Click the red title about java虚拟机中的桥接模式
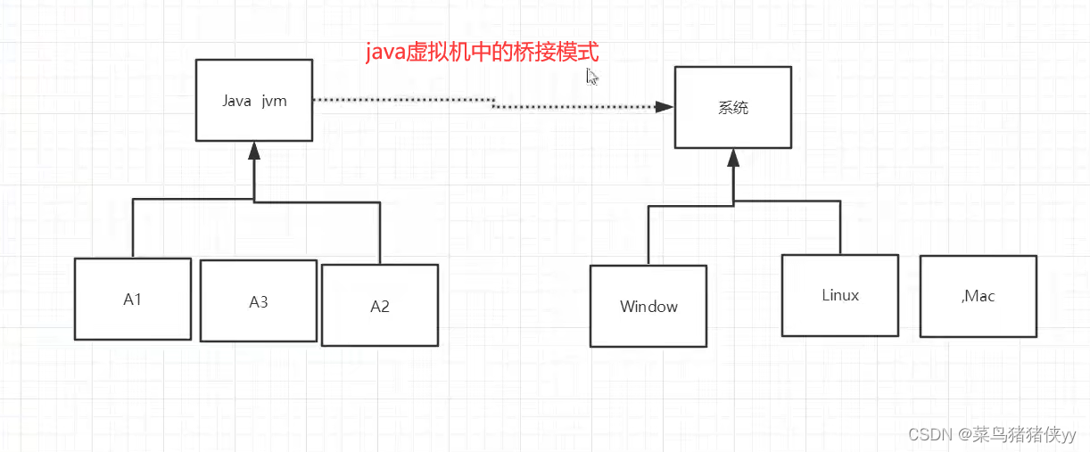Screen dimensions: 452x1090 pos(483,53)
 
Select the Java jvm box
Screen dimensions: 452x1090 pos(254,100)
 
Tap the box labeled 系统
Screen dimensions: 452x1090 pos(732,107)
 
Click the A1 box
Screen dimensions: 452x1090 pos(132,299)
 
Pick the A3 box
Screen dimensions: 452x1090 pos(258,301)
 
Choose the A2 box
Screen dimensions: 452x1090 pos(379,305)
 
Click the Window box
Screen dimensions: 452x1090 pos(648,306)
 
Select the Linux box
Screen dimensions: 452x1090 pos(839,295)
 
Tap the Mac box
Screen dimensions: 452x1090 pos(978,296)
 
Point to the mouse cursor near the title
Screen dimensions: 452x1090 pos(591,77)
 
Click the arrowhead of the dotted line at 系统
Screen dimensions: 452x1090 pos(665,107)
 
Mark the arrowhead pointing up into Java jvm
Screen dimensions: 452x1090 pos(254,149)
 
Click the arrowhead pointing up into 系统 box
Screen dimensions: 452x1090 pos(732,158)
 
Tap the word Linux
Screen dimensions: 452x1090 pos(839,295)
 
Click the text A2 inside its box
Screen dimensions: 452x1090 pos(379,307)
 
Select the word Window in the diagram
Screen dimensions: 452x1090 pos(648,307)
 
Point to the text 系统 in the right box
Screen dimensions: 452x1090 pos(732,108)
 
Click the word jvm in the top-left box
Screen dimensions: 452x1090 pos(274,101)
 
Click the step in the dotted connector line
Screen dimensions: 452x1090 pos(493,103)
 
